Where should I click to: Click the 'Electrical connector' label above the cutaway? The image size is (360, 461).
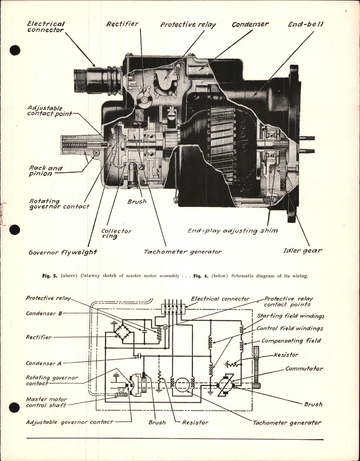coord(46,27)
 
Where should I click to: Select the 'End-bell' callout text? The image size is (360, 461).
coord(306,24)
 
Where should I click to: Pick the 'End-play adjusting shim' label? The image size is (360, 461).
coord(233,231)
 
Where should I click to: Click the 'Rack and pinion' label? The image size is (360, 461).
coord(45,171)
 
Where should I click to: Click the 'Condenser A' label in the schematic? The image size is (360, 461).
coord(43,363)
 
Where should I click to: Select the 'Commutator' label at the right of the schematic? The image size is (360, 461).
coord(304,368)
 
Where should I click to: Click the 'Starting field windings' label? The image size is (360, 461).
coord(290,316)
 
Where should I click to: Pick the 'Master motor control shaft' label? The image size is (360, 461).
coord(46,402)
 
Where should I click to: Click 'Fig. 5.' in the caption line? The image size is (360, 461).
coord(49,276)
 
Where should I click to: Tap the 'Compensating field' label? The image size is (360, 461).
coord(291,341)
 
